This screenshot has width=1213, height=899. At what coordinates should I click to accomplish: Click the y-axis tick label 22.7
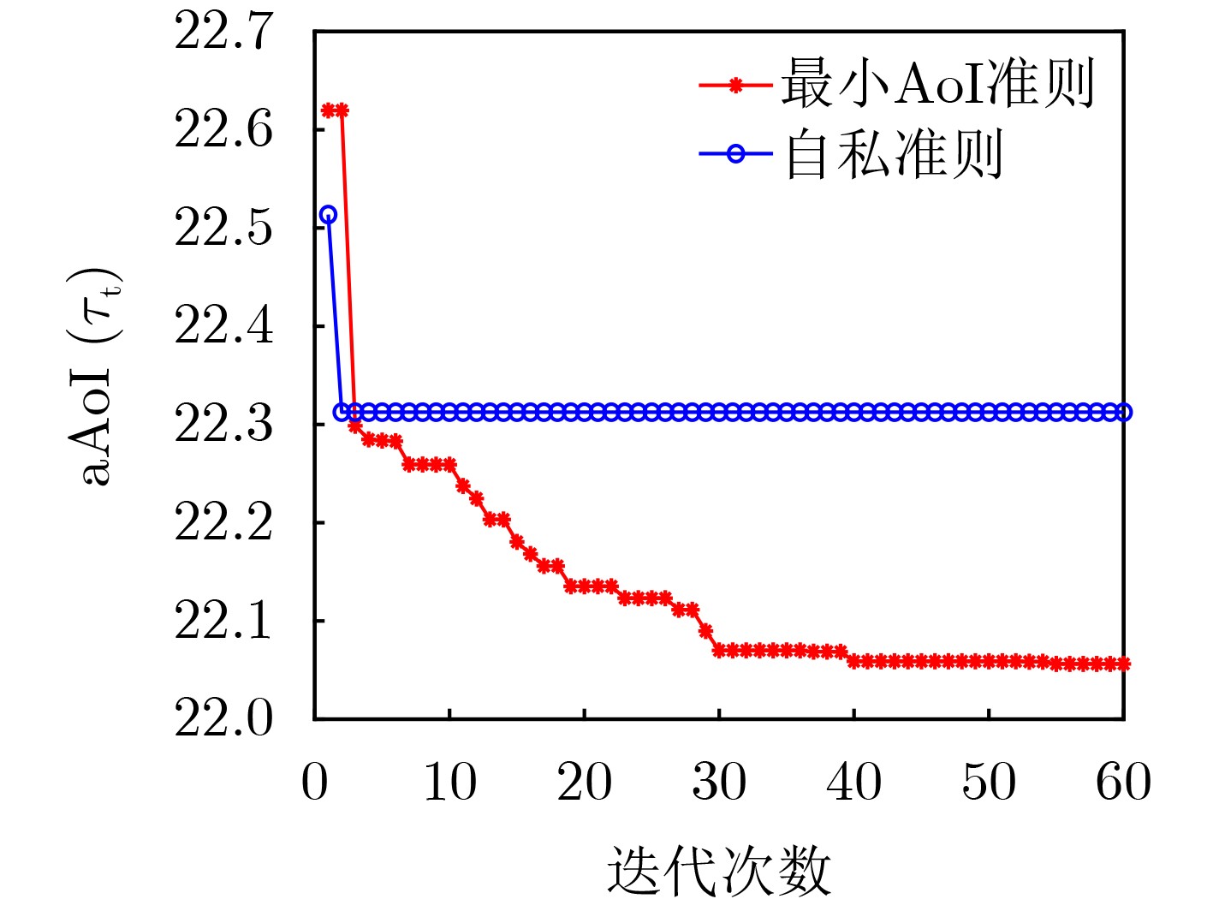[223, 33]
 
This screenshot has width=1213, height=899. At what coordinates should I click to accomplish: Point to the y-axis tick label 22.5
[223, 229]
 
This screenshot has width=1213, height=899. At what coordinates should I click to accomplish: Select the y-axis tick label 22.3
[223, 425]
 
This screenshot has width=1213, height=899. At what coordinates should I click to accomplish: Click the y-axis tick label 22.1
[223, 621]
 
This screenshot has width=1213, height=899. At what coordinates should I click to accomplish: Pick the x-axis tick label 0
[314, 783]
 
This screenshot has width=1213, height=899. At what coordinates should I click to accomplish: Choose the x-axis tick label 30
[719, 783]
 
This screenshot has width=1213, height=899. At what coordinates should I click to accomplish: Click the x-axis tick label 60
[1123, 783]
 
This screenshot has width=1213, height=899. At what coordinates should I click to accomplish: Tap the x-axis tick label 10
[449, 783]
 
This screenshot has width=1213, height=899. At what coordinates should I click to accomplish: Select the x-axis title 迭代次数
[719, 870]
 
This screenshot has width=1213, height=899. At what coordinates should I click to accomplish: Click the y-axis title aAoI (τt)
[96, 377]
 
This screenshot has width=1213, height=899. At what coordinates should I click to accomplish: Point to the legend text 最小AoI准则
[937, 84]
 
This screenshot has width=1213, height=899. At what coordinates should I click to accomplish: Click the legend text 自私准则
[894, 154]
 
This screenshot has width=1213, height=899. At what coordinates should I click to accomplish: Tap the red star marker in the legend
[735, 85]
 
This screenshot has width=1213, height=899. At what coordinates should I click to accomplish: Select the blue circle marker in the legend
[735, 154]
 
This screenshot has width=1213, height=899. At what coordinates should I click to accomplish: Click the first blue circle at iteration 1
[328, 215]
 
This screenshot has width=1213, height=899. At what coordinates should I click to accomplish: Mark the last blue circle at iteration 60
[1123, 413]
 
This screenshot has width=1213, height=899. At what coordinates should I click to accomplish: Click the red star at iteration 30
[719, 651]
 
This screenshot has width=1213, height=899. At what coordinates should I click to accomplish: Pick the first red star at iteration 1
[328, 110]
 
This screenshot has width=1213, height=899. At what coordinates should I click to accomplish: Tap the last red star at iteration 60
[1123, 664]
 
